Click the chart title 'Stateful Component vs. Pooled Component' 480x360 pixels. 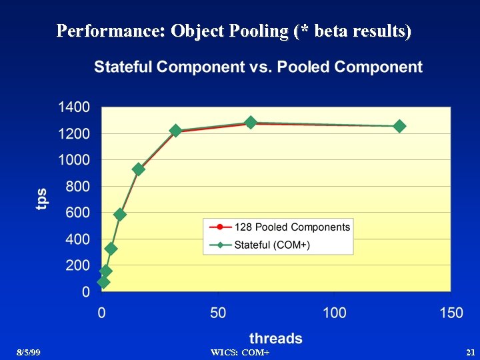[258, 67]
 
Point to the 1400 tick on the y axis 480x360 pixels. [74, 107]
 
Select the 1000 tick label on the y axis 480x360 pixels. [74, 160]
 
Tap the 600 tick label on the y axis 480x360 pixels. [77, 213]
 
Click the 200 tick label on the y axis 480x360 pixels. [77, 265]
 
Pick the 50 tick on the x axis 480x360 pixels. [218, 313]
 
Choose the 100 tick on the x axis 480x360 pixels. [335, 313]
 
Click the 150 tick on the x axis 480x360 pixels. [451, 313]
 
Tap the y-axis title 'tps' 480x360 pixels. [42, 199]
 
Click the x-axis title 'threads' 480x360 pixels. [276, 339]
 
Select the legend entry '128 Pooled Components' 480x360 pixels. [292, 227]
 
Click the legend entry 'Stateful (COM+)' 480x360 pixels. [272, 245]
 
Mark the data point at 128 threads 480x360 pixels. [399, 126]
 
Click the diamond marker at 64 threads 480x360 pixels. [251, 123]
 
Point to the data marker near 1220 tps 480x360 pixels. [176, 131]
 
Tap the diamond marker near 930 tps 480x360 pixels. [139, 169]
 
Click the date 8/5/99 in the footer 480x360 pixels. [29, 352]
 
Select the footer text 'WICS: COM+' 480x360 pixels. [239, 352]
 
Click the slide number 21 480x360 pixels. [469, 352]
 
